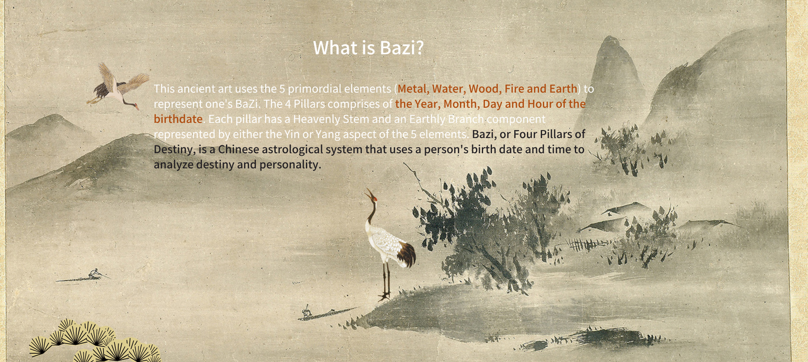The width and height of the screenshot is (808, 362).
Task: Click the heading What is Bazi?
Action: (x=368, y=47)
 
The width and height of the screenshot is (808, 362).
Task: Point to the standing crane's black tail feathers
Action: (x=406, y=254)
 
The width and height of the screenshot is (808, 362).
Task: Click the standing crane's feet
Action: (x=385, y=296)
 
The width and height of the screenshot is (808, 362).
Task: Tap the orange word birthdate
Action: (x=178, y=119)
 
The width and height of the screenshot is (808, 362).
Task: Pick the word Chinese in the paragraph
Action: (x=239, y=149)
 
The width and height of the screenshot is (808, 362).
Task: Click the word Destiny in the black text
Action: (x=173, y=150)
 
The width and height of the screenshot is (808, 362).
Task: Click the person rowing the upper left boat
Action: (x=93, y=273)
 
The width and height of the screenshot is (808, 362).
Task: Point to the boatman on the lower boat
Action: (x=307, y=311)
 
